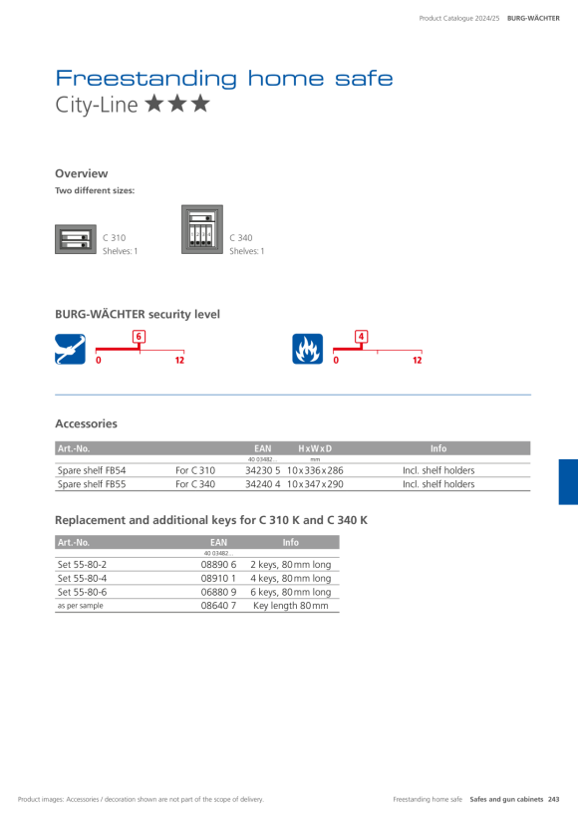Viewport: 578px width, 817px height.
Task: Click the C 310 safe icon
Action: (76, 239)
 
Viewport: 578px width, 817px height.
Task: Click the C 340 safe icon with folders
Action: (202, 229)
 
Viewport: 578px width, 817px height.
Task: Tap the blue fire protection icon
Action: (308, 349)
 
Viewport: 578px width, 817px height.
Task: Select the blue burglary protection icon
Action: (71, 349)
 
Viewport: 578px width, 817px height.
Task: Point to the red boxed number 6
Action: (139, 337)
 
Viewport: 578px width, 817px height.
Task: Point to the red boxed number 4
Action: (361, 337)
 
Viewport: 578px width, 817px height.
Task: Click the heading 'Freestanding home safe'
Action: (224, 78)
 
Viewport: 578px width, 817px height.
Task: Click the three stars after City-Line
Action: (177, 104)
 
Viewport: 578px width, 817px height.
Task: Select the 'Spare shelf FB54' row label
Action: (92, 470)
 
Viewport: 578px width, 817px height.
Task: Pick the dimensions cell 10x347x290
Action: (315, 484)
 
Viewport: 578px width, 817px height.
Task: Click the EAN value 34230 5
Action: (263, 470)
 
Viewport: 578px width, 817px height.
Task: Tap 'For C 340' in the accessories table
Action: (195, 484)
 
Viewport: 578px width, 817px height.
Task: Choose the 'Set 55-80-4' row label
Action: (82, 578)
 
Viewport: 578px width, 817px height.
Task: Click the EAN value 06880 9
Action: (219, 592)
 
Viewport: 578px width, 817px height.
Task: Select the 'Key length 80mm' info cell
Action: (291, 606)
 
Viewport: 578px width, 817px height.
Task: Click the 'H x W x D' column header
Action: (315, 448)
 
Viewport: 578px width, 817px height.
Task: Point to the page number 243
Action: (553, 799)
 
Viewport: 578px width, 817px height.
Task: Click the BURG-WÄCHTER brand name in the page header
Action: (534, 18)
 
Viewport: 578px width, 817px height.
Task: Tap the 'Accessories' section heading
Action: (86, 423)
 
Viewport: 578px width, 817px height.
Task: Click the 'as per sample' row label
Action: (81, 606)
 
